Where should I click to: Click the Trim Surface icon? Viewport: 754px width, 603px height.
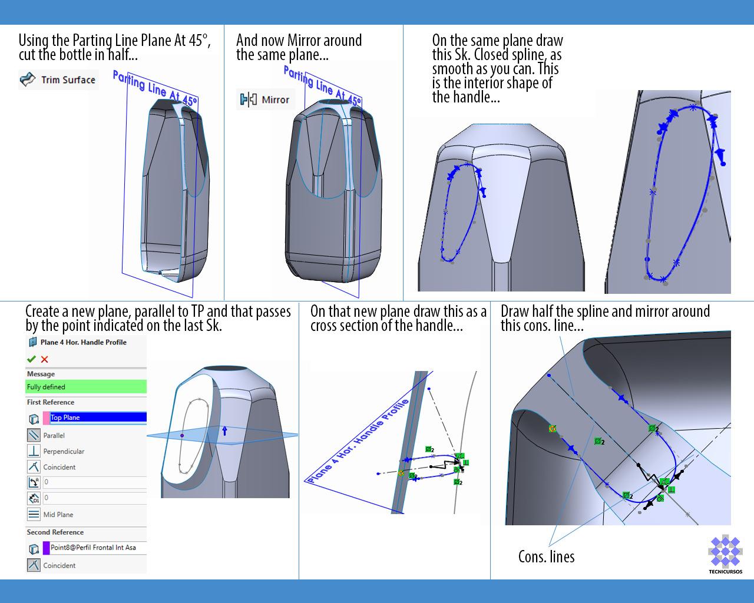click(28, 79)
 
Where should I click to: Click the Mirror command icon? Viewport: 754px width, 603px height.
click(246, 100)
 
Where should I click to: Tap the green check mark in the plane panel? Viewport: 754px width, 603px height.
click(31, 359)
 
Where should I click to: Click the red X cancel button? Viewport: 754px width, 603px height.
click(45, 359)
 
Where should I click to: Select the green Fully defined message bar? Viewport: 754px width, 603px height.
click(86, 387)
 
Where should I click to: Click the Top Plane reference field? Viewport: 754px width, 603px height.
click(97, 418)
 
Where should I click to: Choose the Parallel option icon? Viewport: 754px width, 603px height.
click(34, 435)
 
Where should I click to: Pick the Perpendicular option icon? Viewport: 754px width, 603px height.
click(34, 451)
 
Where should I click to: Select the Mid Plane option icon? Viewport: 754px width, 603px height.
click(34, 514)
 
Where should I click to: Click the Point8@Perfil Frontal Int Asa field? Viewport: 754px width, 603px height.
click(97, 548)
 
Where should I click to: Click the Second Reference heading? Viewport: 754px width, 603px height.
click(55, 532)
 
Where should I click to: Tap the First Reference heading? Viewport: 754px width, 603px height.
click(51, 402)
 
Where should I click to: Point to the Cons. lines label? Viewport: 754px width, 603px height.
click(546, 556)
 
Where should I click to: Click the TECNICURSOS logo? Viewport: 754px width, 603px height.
click(725, 554)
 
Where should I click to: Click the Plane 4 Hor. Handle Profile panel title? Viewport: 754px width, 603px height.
click(83, 342)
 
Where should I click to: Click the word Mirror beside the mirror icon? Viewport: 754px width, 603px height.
click(275, 100)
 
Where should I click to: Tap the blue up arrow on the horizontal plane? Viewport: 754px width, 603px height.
click(224, 430)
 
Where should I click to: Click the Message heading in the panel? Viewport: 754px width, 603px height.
click(41, 374)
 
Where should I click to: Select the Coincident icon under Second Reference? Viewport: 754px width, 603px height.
click(34, 565)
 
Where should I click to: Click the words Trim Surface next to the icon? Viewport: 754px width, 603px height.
click(68, 79)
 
